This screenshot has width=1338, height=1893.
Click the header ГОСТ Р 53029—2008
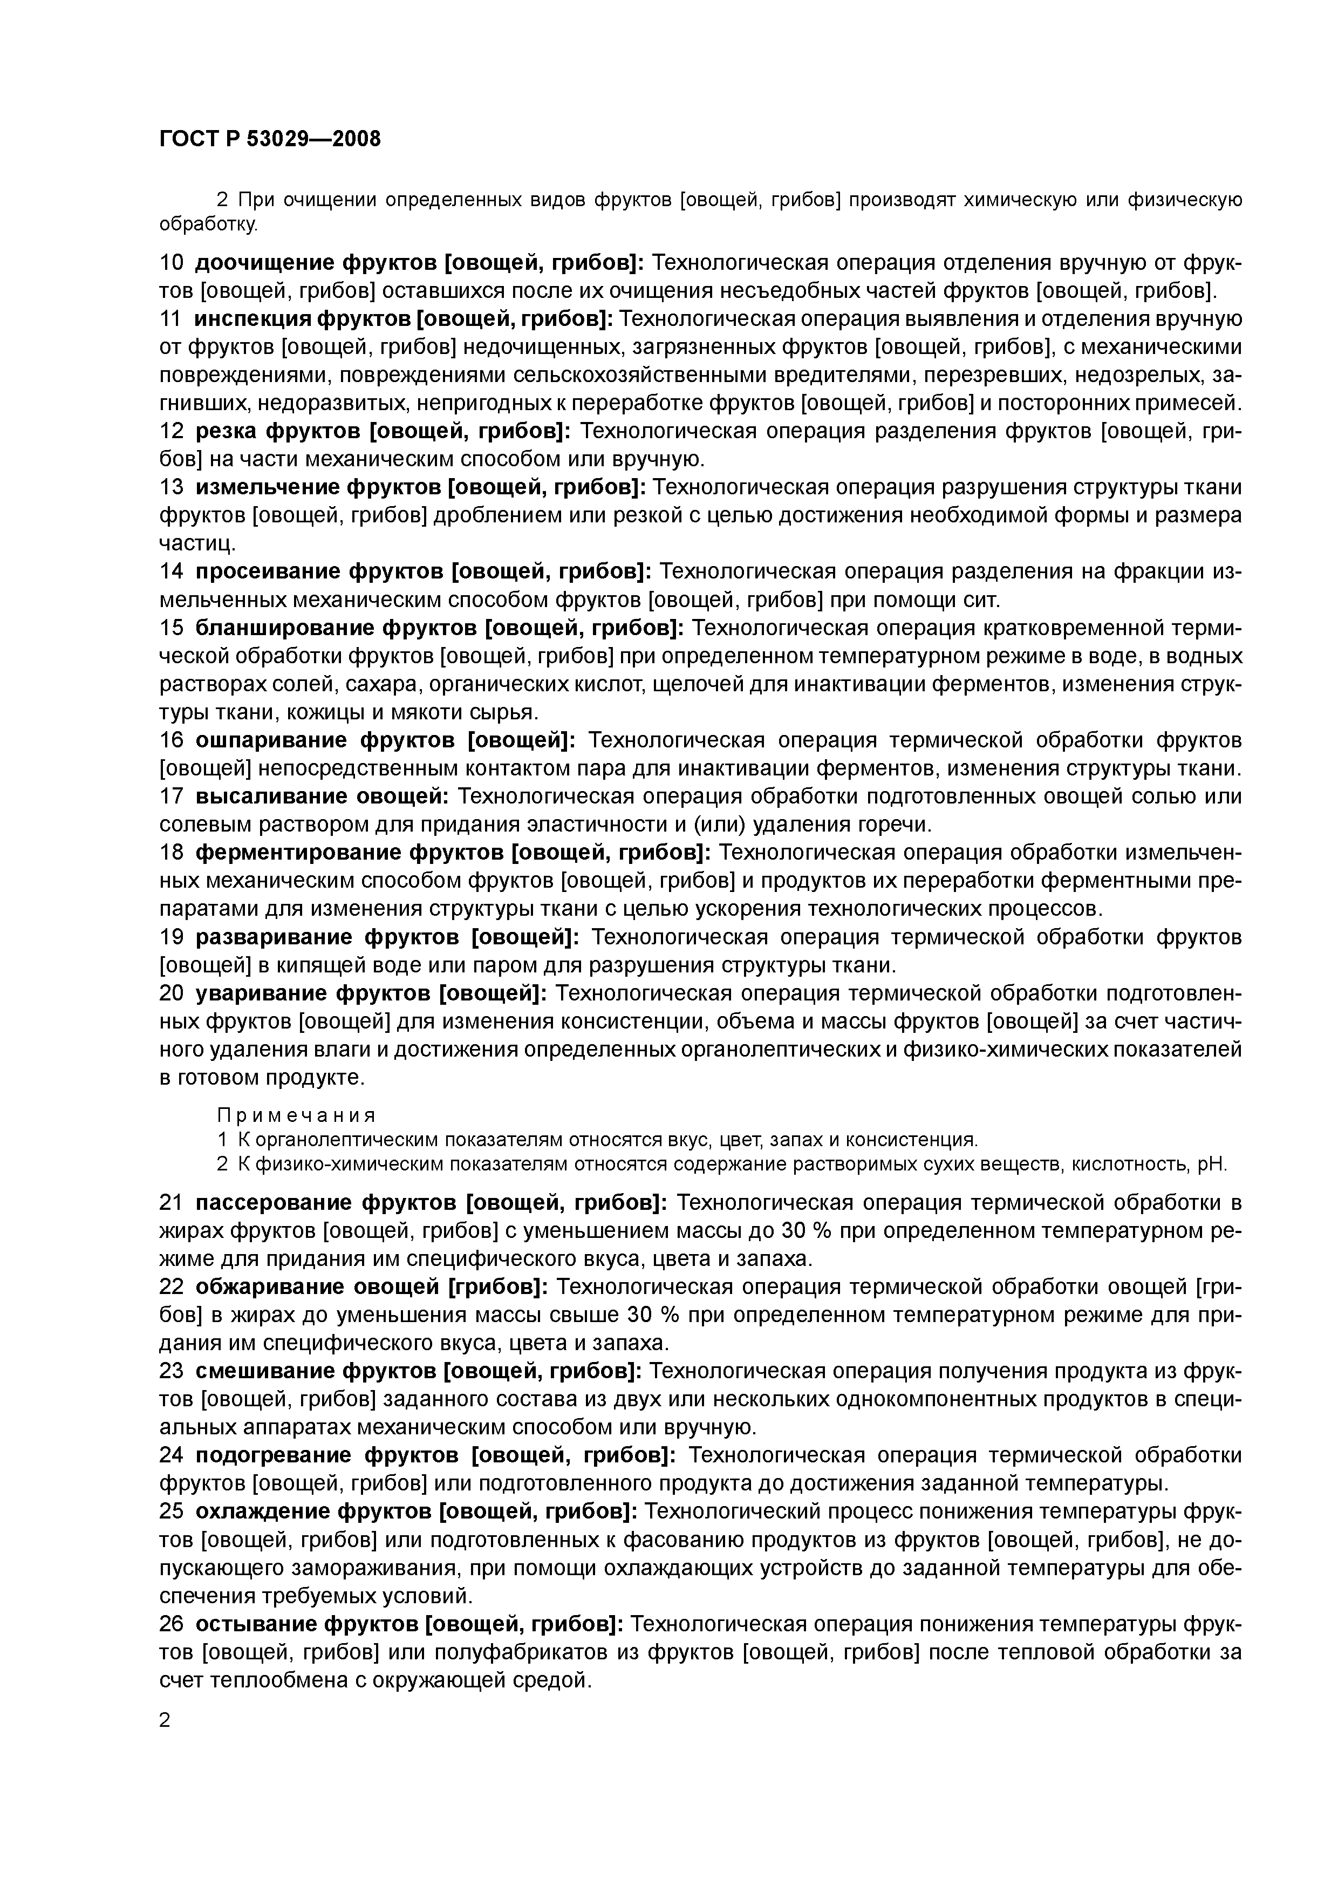coord(270,139)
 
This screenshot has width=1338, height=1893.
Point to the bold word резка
coord(223,431)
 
